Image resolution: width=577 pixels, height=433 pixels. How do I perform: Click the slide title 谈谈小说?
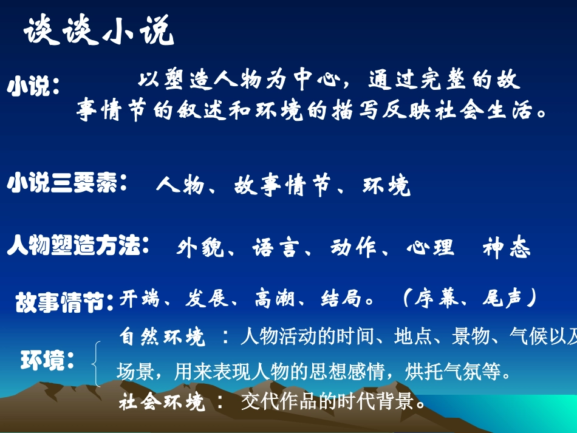point(99,31)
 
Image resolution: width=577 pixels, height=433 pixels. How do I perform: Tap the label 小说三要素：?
point(67,183)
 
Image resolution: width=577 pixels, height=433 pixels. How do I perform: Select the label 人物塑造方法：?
point(78,247)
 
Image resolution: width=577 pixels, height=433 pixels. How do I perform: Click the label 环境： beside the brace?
point(47,361)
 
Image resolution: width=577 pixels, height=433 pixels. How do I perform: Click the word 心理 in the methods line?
point(430,248)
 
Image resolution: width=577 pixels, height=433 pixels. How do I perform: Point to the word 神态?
point(507,248)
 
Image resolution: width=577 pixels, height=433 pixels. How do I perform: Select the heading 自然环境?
point(162,337)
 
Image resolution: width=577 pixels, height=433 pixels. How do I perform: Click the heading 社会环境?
point(162,401)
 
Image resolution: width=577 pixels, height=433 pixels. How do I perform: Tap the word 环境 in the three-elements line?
point(386,186)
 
